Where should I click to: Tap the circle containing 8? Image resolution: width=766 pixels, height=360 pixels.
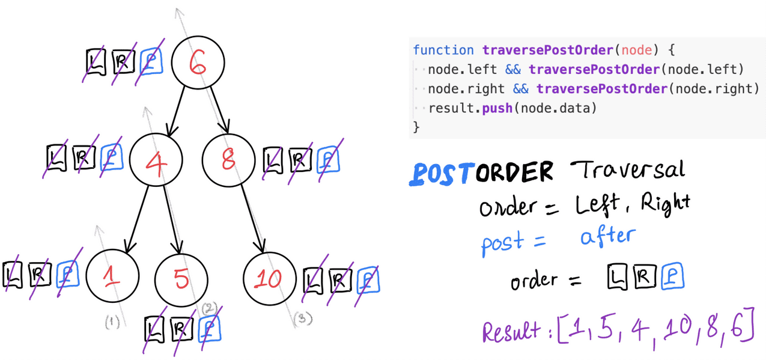tap(228, 160)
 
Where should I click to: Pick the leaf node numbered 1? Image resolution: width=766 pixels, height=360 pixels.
tap(112, 276)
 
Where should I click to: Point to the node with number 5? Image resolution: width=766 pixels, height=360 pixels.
tap(181, 279)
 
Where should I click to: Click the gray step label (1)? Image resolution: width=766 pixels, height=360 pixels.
tap(112, 322)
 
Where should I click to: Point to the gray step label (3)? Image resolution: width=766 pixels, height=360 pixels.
tap(303, 319)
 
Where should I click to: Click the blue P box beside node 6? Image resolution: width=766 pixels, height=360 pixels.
tap(151, 61)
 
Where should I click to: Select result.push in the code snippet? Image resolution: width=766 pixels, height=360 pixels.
tap(467, 109)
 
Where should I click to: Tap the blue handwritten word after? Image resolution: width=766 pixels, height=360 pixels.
tap(607, 236)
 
